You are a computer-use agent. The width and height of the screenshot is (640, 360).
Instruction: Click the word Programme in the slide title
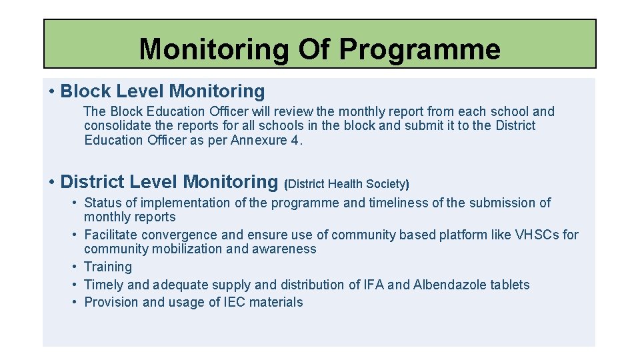[419, 49]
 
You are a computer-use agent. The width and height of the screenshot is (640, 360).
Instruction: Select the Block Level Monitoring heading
[162, 91]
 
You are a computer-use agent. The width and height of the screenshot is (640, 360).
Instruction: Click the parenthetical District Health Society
[347, 183]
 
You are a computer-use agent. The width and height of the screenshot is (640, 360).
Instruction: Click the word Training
[108, 267]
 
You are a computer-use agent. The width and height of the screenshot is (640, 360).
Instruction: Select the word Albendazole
[450, 285]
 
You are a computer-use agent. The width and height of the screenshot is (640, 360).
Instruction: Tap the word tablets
[510, 285]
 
